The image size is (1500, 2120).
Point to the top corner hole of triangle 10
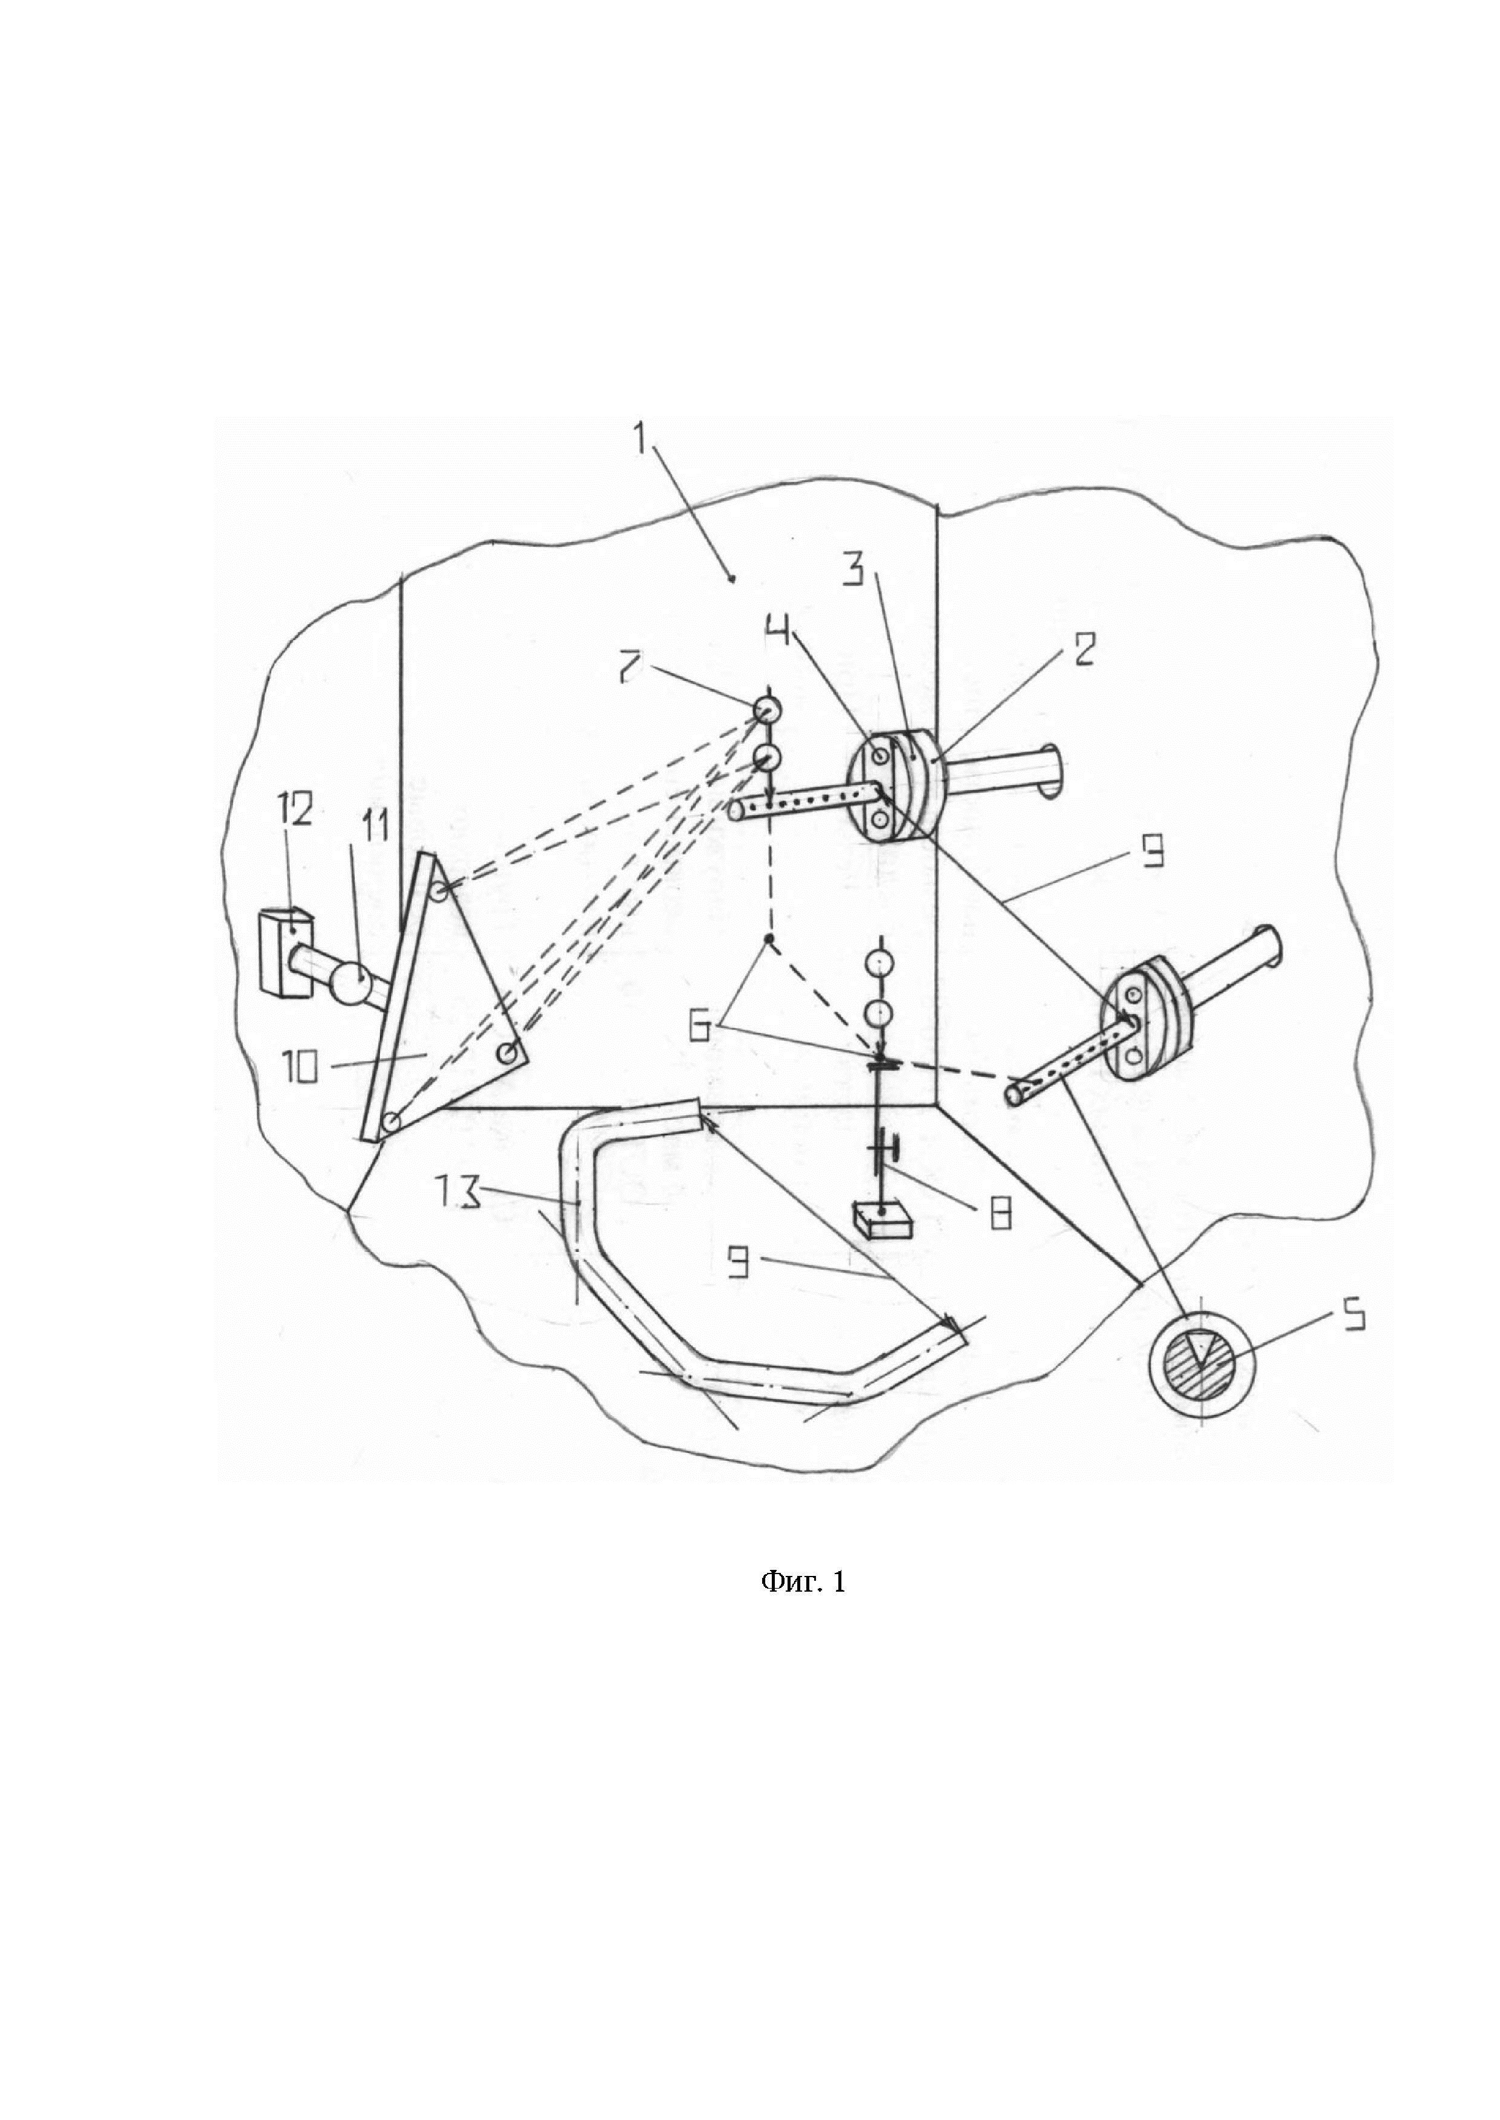coord(440,892)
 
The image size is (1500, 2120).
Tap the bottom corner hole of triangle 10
coord(391,1122)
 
